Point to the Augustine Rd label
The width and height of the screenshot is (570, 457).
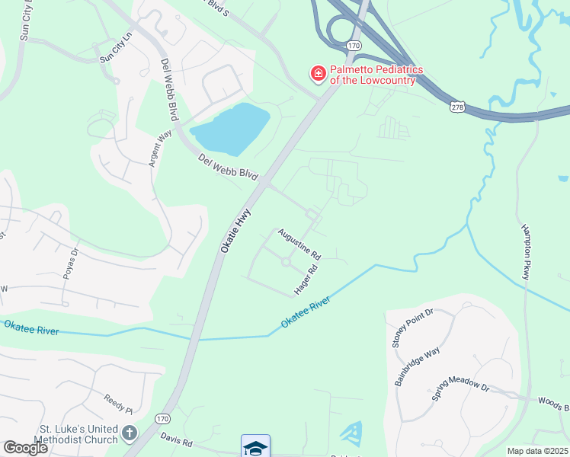tap(299, 244)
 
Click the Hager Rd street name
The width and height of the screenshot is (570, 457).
tap(306, 280)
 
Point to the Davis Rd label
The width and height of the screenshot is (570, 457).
tap(177, 441)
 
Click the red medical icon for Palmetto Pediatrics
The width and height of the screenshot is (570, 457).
tap(316, 74)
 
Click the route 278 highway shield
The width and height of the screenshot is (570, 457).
tap(456, 108)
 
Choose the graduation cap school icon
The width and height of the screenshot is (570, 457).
tap(255, 446)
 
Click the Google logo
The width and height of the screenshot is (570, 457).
tap(25, 448)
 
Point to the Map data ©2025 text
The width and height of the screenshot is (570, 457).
tap(536, 451)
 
